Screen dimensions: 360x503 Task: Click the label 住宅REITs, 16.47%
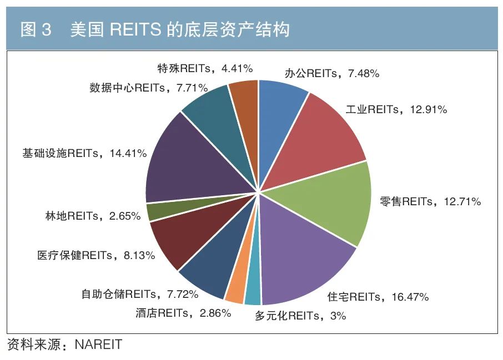378,297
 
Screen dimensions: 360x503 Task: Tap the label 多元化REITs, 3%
300,316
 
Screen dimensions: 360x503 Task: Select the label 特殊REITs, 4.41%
205,68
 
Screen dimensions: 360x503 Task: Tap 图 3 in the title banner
36,29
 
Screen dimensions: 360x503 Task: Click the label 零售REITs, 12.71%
430,201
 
